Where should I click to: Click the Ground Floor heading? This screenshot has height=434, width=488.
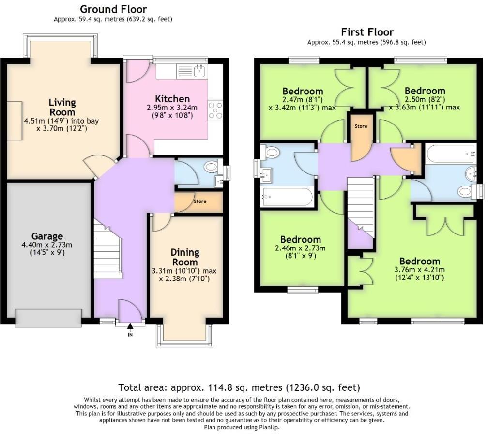pyautogui.click(x=113, y=9)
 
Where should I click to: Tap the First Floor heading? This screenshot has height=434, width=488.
pyautogui.click(x=367, y=32)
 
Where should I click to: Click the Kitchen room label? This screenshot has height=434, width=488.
pyautogui.click(x=172, y=99)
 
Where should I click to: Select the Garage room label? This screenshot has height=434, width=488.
pyautogui.click(x=47, y=236)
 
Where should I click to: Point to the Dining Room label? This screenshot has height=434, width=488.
pyautogui.click(x=185, y=257)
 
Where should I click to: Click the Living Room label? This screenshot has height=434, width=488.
pyautogui.click(x=62, y=107)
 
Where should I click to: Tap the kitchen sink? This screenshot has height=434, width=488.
pyautogui.click(x=199, y=71)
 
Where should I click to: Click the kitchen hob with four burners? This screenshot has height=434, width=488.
pyautogui.click(x=215, y=110)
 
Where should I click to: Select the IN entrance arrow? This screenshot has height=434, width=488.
pyautogui.click(x=130, y=326)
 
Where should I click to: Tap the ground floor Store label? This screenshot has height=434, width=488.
pyautogui.click(x=200, y=201)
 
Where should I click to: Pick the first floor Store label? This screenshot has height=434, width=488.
pyautogui.click(x=361, y=126)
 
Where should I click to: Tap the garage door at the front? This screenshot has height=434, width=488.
pyautogui.click(x=48, y=318)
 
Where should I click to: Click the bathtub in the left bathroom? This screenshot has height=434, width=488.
pyautogui.click(x=287, y=197)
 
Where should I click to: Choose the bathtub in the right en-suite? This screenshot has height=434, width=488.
pyautogui.click(x=451, y=154)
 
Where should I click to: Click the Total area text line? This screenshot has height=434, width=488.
pyautogui.click(x=239, y=387)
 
